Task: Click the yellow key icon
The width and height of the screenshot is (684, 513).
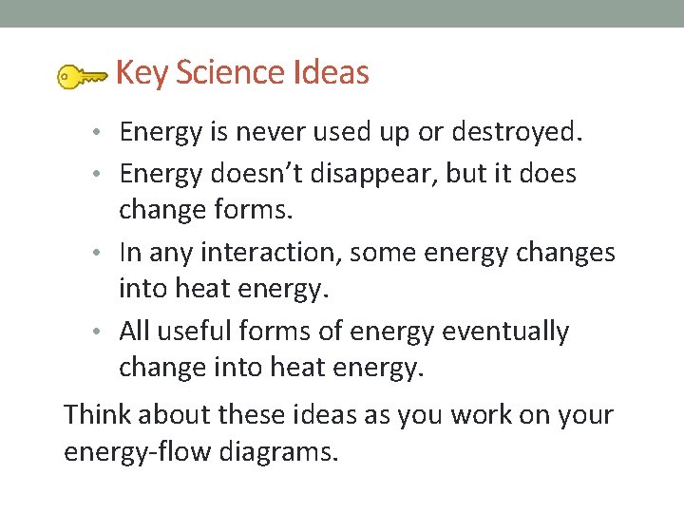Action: (x=82, y=77)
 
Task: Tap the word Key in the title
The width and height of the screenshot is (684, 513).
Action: (x=142, y=73)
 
